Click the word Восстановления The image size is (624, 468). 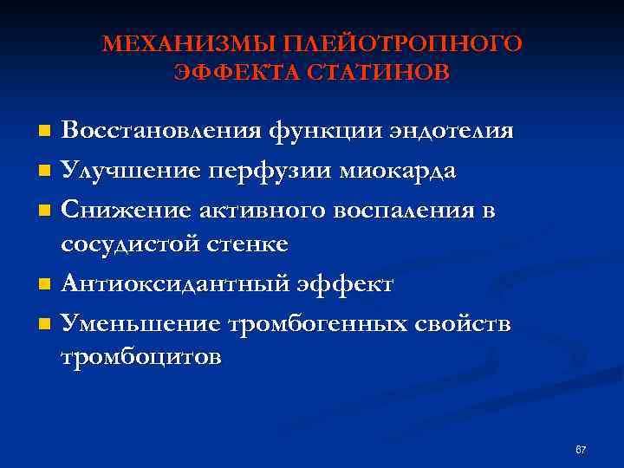coord(160,131)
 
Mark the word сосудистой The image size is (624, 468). coord(128,244)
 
